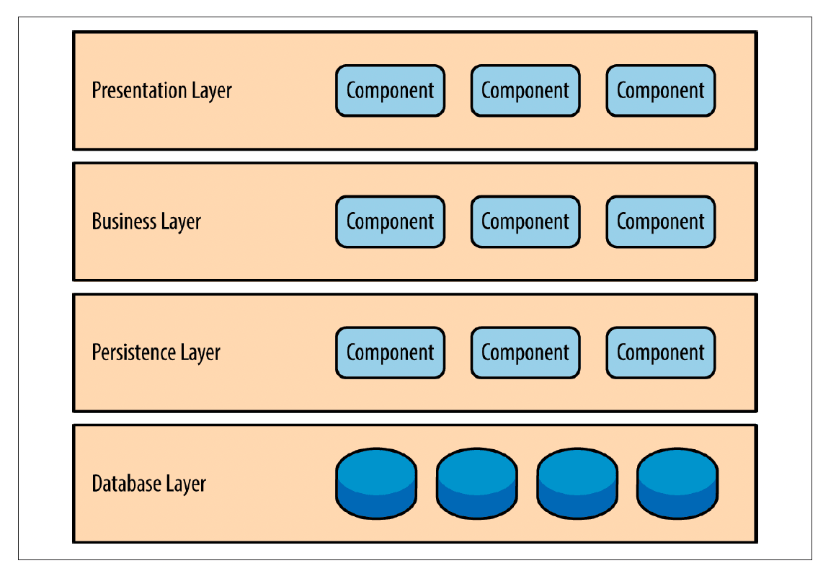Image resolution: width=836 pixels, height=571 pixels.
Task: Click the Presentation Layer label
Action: click(x=162, y=91)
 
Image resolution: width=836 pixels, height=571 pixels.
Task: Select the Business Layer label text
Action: click(x=146, y=221)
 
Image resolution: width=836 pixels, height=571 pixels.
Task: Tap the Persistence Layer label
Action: click(x=156, y=353)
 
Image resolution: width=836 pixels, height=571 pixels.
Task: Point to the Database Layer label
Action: click(x=149, y=484)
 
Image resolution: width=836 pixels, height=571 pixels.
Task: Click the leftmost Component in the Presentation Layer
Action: click(x=390, y=91)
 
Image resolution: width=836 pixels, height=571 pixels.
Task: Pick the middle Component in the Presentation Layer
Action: click(x=525, y=91)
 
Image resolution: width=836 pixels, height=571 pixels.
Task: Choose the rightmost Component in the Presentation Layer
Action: click(x=660, y=91)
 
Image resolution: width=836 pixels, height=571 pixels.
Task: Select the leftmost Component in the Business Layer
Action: click(x=390, y=222)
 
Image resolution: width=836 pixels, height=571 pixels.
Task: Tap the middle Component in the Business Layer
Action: click(x=525, y=222)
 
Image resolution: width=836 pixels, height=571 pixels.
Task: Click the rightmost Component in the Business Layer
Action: click(x=660, y=222)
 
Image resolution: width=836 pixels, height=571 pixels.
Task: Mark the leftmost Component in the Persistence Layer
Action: click(x=390, y=353)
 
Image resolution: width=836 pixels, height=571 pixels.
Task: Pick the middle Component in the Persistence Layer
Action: click(x=525, y=353)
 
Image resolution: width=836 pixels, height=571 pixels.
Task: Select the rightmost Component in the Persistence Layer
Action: click(x=660, y=353)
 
